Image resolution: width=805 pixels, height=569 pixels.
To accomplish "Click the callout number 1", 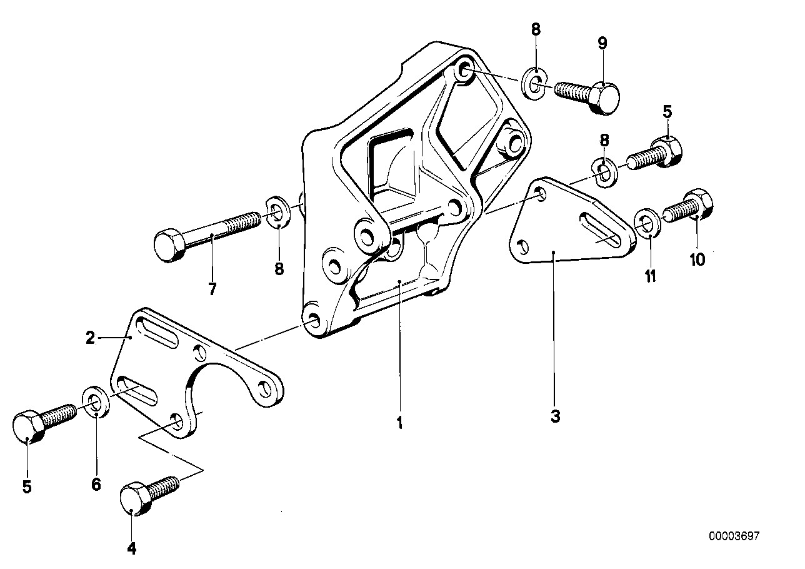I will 399,423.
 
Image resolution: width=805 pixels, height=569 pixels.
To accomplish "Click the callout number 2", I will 91,338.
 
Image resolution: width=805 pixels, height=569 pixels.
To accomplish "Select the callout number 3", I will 556,416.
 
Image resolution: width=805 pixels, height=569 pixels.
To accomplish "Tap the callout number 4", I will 131,549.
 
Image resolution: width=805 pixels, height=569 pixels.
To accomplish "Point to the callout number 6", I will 96,484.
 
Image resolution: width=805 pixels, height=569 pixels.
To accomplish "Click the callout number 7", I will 212,290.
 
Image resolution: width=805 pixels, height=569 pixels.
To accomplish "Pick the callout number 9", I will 602,43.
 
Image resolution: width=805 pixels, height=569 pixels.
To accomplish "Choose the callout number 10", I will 697,259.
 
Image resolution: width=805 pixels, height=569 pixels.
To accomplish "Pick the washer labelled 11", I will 647,225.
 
